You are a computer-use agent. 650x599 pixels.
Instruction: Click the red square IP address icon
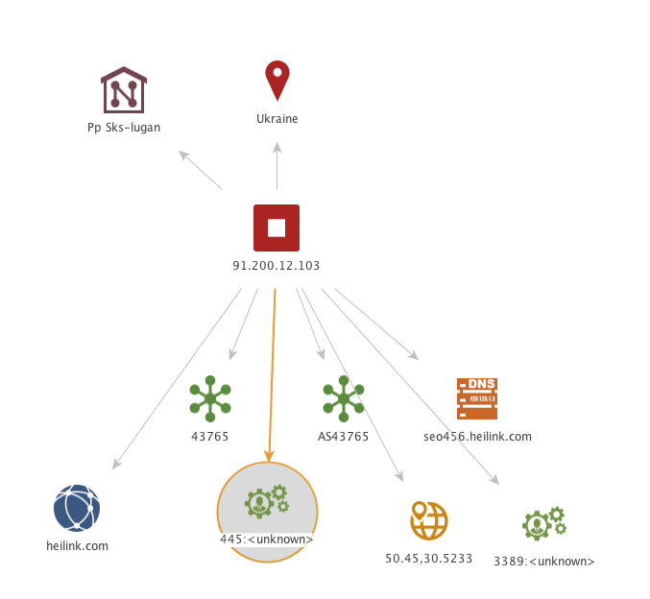pyautogui.click(x=277, y=228)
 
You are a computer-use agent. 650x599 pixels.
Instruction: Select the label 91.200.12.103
pyautogui.click(x=277, y=266)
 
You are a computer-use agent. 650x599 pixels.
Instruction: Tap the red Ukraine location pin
pyautogui.click(x=277, y=81)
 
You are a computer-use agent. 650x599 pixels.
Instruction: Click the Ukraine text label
pyautogui.click(x=277, y=119)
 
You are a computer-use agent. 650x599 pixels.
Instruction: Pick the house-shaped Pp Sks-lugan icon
pyautogui.click(x=124, y=90)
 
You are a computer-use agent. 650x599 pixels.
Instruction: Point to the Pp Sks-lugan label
pyautogui.click(x=124, y=127)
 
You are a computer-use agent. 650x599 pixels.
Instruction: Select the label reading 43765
pyautogui.click(x=210, y=437)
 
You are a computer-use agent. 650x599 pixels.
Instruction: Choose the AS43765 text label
pyautogui.click(x=343, y=437)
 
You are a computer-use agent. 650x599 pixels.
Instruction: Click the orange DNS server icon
pyautogui.click(x=477, y=398)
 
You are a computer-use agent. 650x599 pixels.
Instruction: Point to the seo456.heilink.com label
pyautogui.click(x=477, y=437)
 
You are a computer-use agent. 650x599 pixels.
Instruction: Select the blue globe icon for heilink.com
pyautogui.click(x=77, y=508)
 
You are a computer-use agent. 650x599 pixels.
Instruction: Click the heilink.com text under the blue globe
pyautogui.click(x=77, y=546)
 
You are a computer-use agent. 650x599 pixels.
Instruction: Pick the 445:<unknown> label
pyautogui.click(x=267, y=539)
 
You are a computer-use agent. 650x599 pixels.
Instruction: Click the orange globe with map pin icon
pyautogui.click(x=428, y=520)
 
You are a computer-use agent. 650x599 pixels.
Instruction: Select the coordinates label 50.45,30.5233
pyautogui.click(x=428, y=558)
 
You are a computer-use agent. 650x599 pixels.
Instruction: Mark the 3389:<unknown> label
pyautogui.click(x=544, y=562)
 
